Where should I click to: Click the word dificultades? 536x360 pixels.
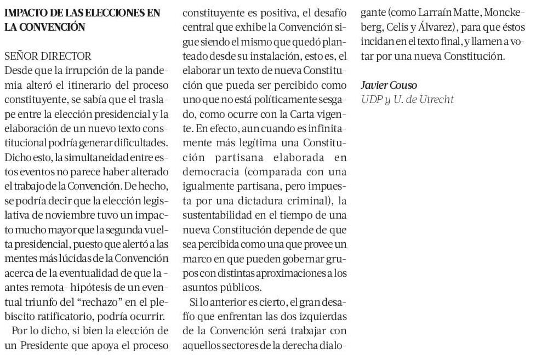[x=140, y=142]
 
